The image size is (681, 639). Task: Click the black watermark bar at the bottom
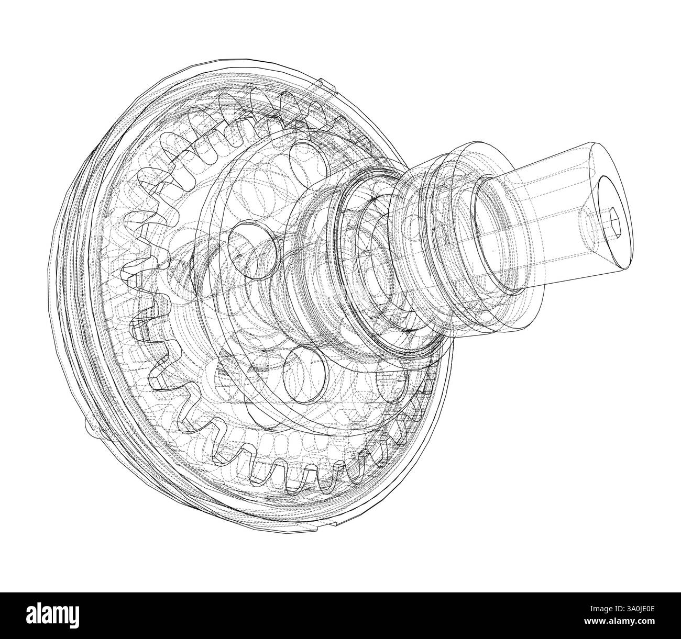point(340,608)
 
